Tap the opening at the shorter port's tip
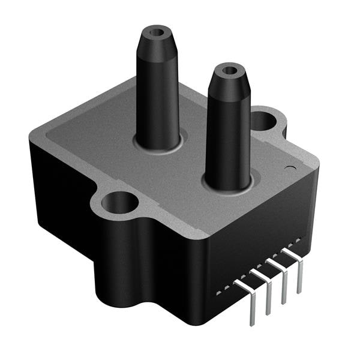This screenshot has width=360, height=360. [229, 70]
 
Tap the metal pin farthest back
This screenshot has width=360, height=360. [299, 270]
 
